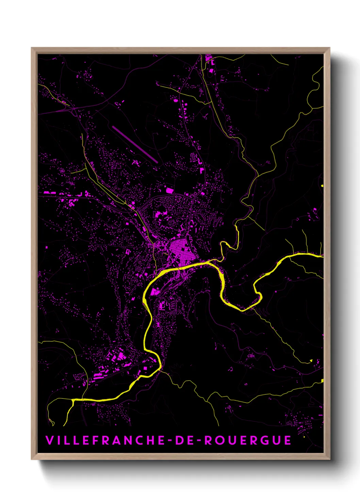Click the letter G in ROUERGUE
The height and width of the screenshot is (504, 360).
tap(265, 440)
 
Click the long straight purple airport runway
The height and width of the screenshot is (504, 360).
tap(135, 144)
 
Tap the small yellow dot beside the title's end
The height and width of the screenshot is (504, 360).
tap(304, 437)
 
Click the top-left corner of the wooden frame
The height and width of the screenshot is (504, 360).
tap(32, 48)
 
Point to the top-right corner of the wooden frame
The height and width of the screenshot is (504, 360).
tap(329, 48)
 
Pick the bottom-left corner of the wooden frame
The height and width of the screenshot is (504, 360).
tap(32, 459)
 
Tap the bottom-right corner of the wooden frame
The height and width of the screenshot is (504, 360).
tap(329, 459)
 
